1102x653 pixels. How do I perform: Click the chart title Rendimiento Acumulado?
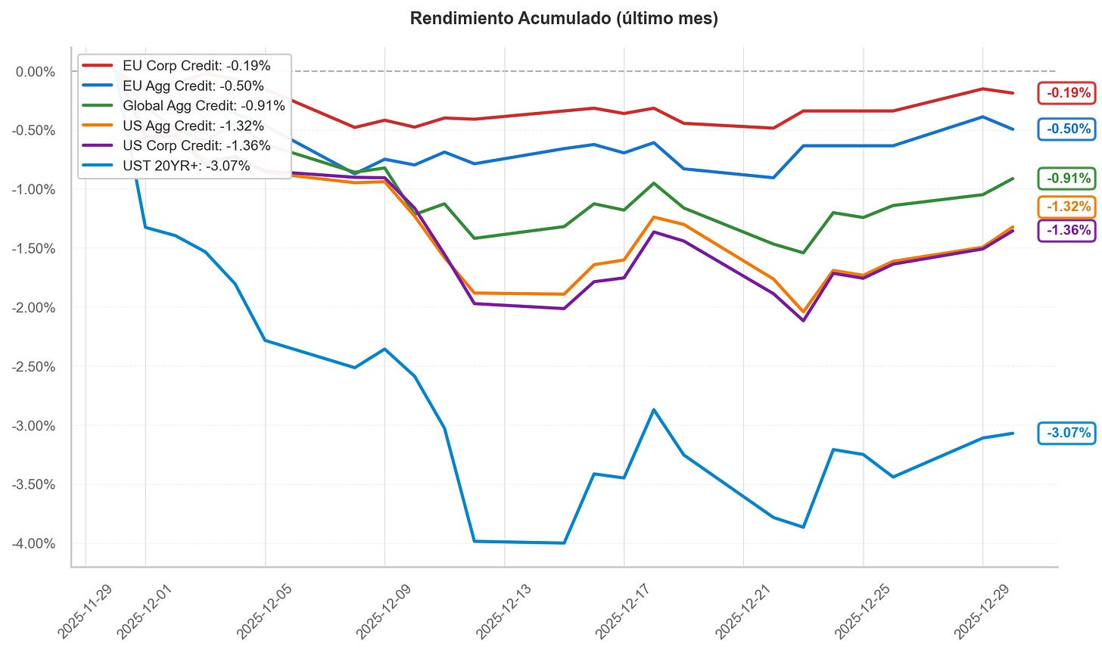(x=563, y=19)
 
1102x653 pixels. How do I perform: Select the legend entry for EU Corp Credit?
(x=196, y=66)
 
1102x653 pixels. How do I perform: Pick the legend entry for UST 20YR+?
(x=186, y=166)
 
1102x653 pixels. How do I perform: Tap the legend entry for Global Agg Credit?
(x=204, y=106)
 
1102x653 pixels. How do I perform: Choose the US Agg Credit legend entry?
(x=193, y=126)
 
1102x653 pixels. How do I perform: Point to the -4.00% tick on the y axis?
(x=34, y=543)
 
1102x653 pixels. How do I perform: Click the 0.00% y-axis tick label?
(x=36, y=72)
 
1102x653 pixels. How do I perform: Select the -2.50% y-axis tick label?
(x=34, y=366)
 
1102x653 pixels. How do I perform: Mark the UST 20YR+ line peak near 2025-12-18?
(x=654, y=409)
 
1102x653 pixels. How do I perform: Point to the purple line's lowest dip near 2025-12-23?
(x=803, y=321)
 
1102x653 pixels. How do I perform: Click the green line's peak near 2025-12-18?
(x=654, y=183)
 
